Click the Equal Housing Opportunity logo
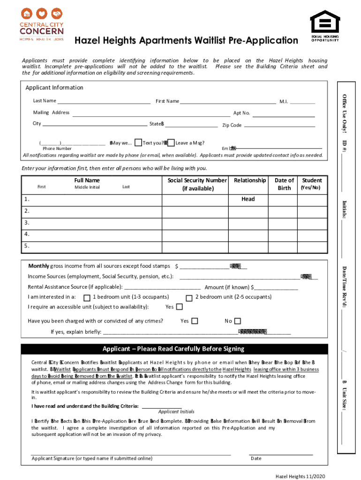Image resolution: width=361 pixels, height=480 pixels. click(324, 26)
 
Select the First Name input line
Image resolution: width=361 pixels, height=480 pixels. click(228, 102)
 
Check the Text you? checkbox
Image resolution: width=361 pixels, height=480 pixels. click(138, 143)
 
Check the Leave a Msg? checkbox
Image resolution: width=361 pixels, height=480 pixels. click(171, 143)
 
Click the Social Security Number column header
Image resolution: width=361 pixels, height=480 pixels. click(197, 184)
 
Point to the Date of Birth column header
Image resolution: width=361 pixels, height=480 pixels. click(284, 184)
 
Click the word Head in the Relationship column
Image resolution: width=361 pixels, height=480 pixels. click(248, 199)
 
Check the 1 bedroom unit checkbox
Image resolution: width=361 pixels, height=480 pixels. click(87, 298)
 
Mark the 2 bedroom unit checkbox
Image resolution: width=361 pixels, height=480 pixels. click(189, 298)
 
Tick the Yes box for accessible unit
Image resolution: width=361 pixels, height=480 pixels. click(178, 307)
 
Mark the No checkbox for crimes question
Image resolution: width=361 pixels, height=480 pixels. click(237, 321)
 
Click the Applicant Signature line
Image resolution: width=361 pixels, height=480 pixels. click(131, 454)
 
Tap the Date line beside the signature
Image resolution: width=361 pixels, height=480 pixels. click(281, 454)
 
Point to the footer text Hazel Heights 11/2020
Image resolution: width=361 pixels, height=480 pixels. click(300, 476)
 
